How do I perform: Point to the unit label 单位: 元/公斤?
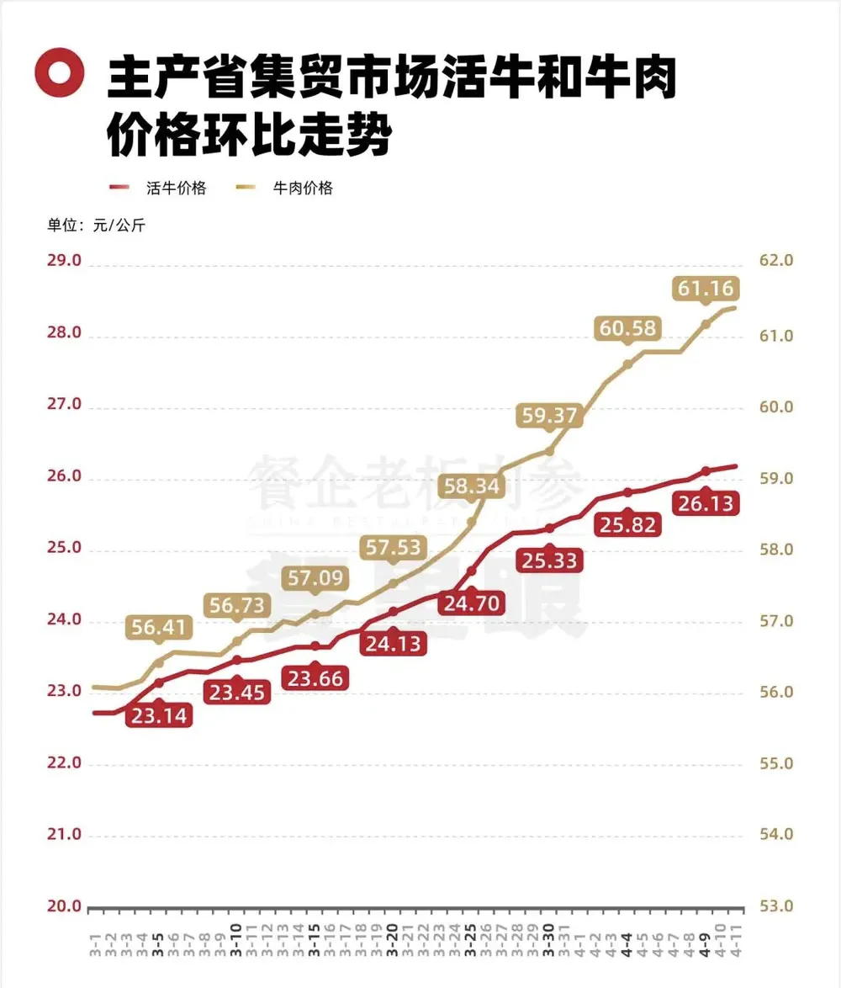(95, 225)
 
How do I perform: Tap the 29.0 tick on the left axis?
(64, 261)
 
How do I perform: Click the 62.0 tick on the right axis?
(776, 261)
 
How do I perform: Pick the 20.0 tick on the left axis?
(64, 906)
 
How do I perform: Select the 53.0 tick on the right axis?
(776, 906)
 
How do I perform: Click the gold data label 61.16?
(706, 289)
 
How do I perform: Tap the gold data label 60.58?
(627, 328)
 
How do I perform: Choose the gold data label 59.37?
(549, 415)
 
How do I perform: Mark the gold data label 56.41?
(159, 627)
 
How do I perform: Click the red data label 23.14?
(159, 716)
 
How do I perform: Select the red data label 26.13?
(706, 504)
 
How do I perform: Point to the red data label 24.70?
(471, 603)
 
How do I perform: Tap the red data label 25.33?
(549, 560)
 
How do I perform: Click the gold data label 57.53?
(393, 548)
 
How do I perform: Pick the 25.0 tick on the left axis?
(64, 548)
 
